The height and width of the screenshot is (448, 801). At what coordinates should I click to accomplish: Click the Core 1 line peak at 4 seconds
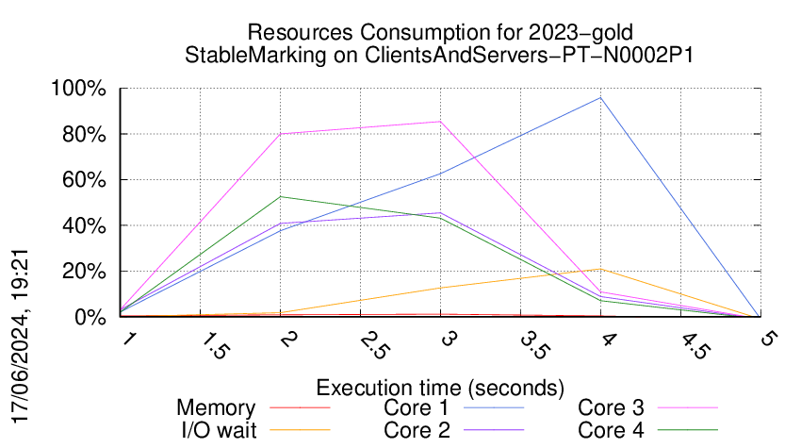tap(599, 97)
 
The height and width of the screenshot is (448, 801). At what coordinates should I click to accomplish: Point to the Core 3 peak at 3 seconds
tap(440, 121)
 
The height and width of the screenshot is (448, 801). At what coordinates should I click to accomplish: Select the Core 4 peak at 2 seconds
tap(281, 196)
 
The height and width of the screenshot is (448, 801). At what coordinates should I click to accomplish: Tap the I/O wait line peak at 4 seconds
tap(599, 269)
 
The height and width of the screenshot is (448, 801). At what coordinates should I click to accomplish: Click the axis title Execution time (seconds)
tap(440, 387)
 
